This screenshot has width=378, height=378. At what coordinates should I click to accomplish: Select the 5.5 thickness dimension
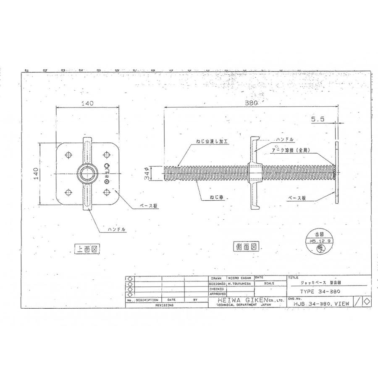(x=318, y=119)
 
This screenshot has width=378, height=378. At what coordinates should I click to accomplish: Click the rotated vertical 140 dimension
(x=37, y=173)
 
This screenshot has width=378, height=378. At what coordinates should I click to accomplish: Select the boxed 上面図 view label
(x=86, y=249)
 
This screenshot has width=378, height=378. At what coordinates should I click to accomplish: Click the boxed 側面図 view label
(x=246, y=247)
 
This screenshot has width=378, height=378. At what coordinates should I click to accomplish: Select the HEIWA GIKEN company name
(x=239, y=301)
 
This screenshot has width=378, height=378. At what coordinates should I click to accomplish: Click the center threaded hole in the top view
(x=87, y=173)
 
